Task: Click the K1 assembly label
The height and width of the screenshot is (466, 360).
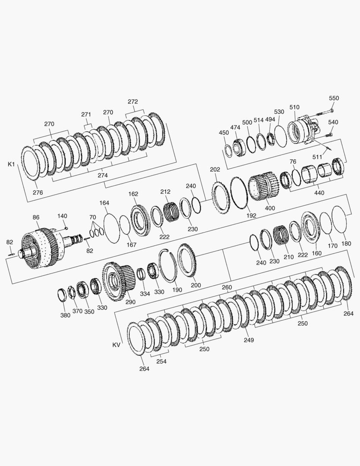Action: coord(11,164)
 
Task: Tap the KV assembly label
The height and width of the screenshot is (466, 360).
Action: coord(116,345)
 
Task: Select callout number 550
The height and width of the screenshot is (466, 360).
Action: coord(334,98)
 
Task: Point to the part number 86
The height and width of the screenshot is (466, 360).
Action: coord(36,217)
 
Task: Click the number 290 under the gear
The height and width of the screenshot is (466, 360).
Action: coord(130,302)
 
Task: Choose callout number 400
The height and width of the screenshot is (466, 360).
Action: coord(270,208)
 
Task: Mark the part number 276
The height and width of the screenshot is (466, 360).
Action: coord(38,192)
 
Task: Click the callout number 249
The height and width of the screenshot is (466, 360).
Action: coord(249,340)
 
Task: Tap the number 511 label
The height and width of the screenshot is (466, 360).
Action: coord(317,157)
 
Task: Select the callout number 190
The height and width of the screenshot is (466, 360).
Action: coord(177,290)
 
